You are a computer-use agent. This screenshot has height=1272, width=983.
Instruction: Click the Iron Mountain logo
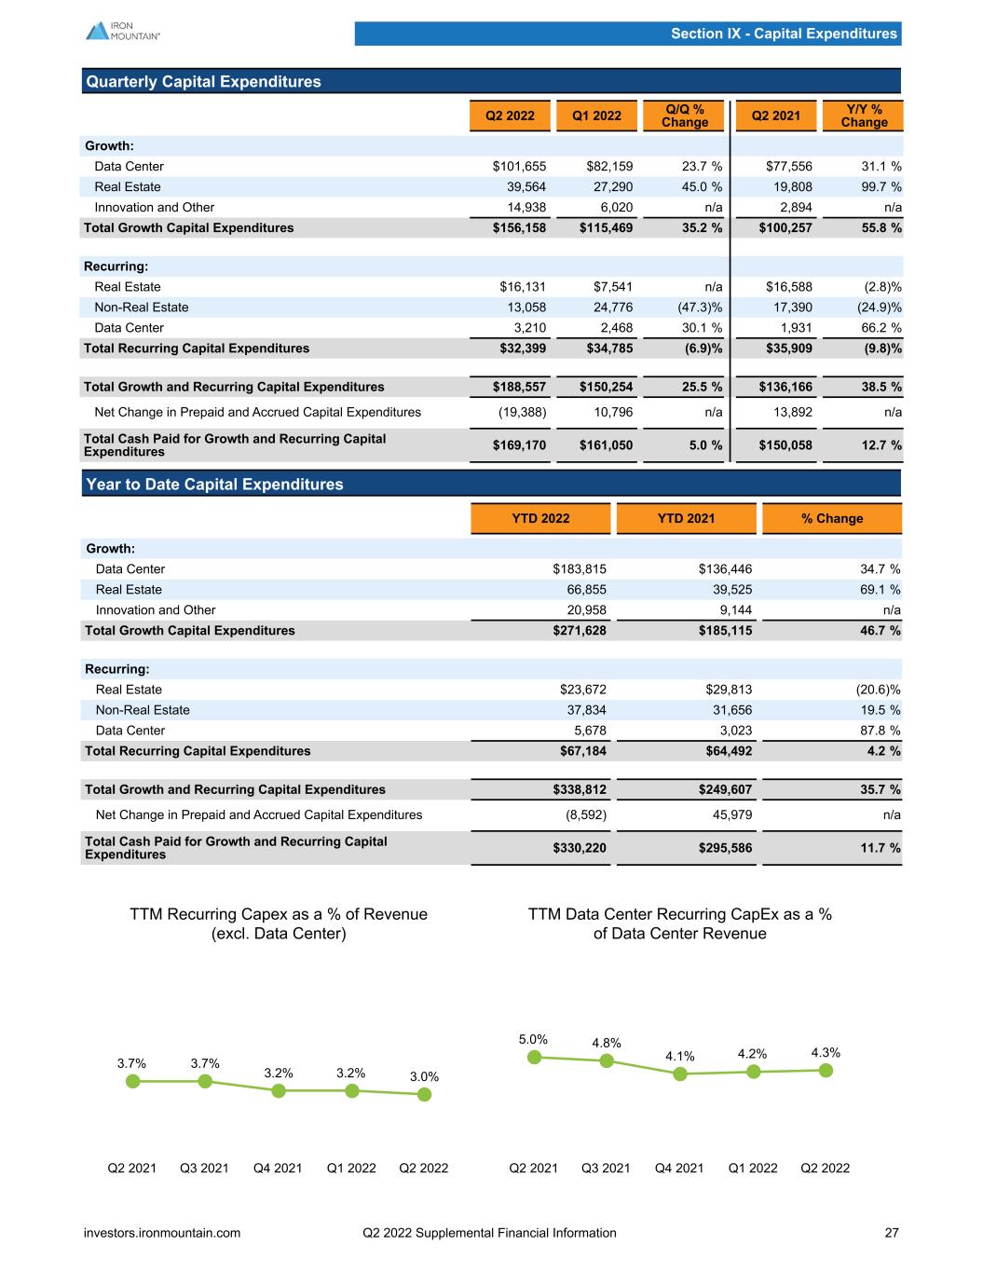tap(123, 31)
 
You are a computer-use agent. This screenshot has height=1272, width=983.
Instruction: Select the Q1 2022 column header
tap(596, 116)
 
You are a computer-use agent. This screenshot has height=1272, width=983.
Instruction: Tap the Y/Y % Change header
tap(864, 116)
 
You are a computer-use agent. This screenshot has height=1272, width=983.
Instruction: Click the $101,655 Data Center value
tap(519, 166)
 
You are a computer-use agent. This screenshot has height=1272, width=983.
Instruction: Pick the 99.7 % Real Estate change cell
tap(881, 186)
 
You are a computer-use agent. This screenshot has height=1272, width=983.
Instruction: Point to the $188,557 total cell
tap(519, 387)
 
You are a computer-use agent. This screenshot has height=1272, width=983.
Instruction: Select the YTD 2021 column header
tap(686, 518)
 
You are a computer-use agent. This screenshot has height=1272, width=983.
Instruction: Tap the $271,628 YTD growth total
tap(580, 631)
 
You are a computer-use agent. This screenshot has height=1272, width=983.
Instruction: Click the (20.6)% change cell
tap(878, 690)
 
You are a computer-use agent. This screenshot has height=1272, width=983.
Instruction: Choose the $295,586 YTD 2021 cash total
tap(725, 848)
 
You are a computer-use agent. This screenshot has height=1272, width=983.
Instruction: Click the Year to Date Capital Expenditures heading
tap(214, 484)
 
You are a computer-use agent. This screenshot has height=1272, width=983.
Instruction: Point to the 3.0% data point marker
tap(424, 1094)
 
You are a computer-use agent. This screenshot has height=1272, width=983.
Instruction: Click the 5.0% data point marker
tap(534, 1057)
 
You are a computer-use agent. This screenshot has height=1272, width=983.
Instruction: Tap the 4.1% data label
tap(680, 1056)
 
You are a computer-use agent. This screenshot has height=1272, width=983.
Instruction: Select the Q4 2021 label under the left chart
tap(278, 1168)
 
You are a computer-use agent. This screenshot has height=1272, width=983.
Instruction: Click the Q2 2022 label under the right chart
tap(825, 1168)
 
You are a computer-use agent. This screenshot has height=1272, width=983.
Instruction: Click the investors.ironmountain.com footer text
tap(162, 1233)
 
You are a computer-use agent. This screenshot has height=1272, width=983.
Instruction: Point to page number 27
tap(892, 1233)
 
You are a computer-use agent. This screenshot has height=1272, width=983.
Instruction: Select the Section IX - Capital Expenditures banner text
tap(784, 34)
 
